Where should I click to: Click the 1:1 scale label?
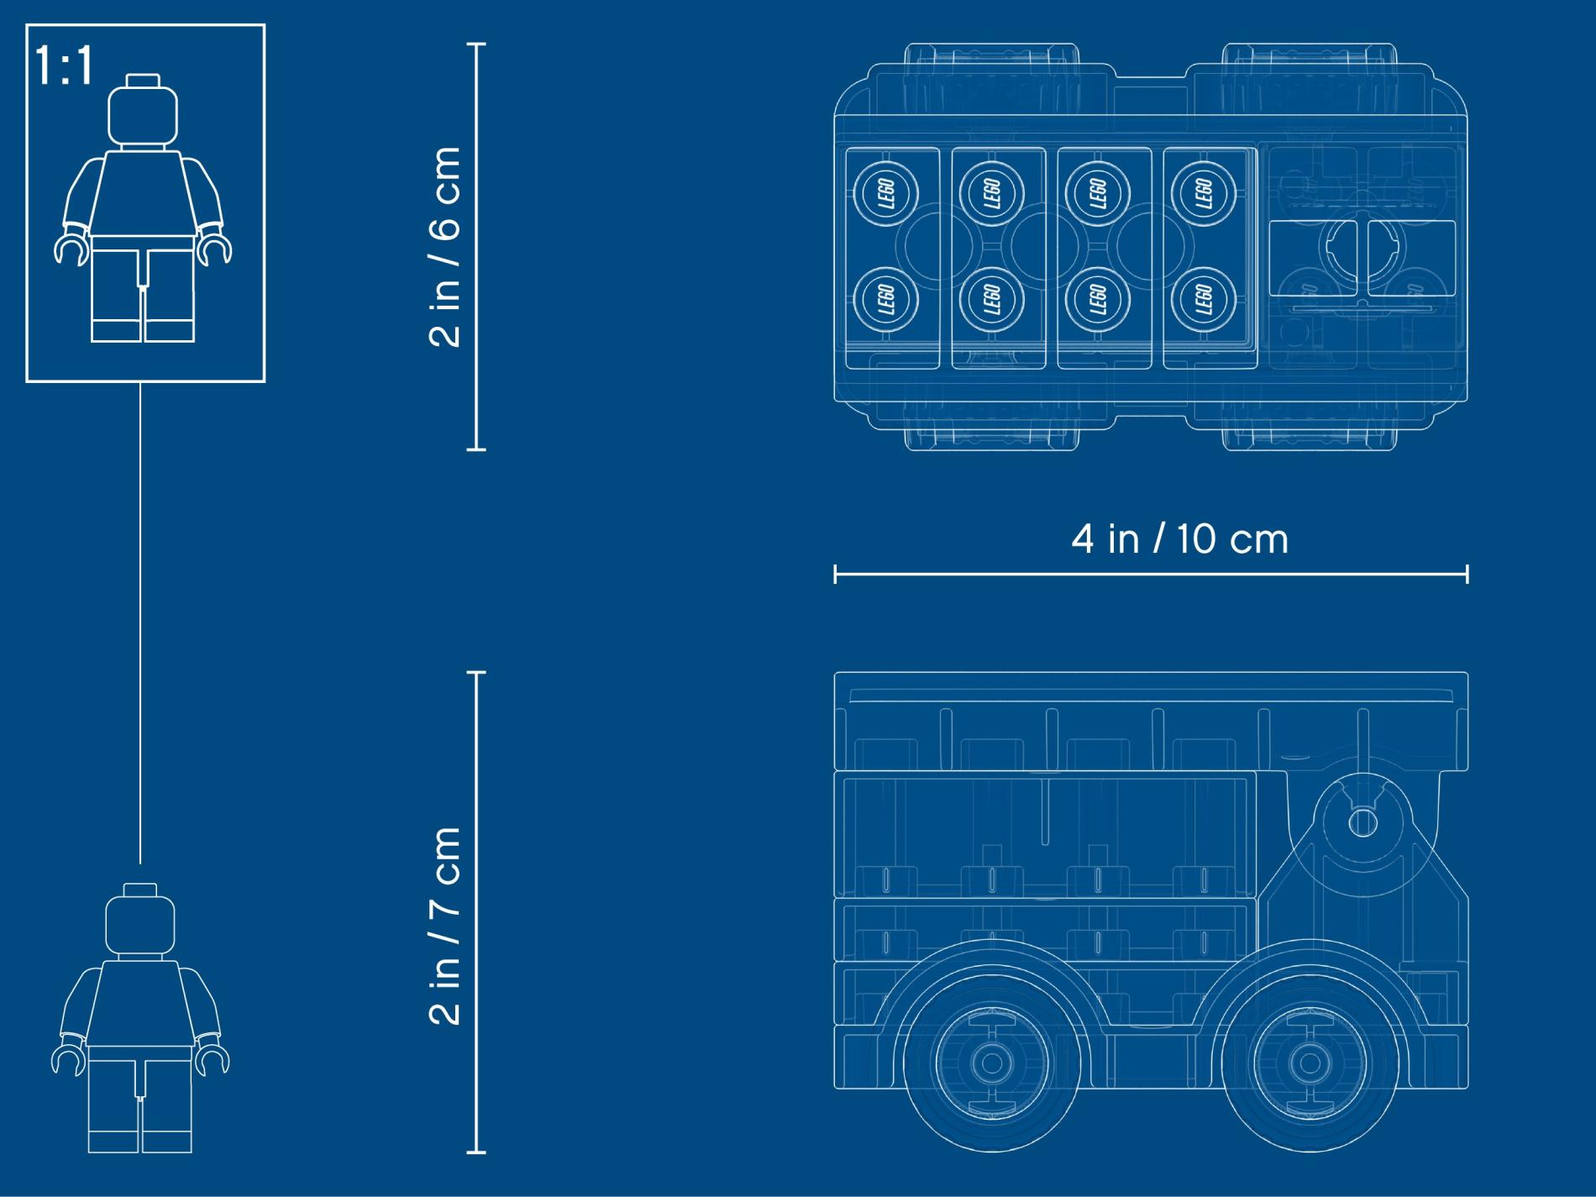tap(65, 66)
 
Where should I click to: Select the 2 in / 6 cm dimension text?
tap(445, 246)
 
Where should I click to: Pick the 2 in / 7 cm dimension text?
tap(445, 925)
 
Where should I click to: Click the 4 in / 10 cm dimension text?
tap(1179, 538)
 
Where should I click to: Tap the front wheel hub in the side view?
tap(1307, 1063)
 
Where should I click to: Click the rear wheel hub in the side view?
tap(991, 1063)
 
